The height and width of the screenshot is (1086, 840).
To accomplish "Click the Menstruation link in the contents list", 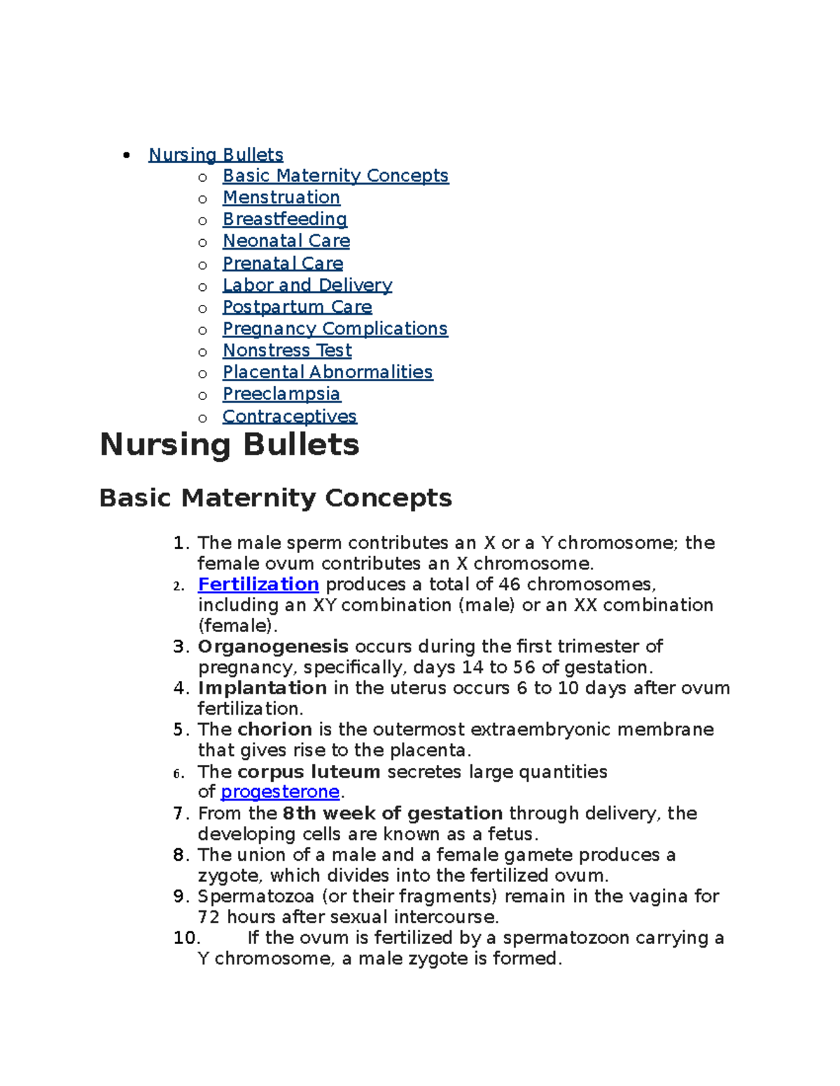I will click(x=281, y=197).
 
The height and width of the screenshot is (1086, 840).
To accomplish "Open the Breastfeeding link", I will click(x=284, y=219).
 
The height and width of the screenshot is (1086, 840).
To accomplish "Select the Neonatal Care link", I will click(x=286, y=241).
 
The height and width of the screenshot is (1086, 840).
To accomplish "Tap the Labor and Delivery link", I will click(x=307, y=285).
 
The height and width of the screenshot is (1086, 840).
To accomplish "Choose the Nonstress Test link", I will click(x=287, y=350).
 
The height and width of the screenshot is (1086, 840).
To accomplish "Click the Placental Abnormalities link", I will click(x=327, y=372).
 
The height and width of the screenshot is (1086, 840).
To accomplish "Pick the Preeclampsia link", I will click(x=281, y=394).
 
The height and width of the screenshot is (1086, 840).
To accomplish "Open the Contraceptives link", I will click(x=289, y=416).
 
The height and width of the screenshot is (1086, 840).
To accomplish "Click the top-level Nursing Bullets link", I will click(x=216, y=155).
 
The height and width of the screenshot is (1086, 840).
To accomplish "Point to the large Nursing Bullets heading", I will click(x=230, y=445).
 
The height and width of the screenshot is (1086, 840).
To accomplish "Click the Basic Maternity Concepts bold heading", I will click(x=275, y=498).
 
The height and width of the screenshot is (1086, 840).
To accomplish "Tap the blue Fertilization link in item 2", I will click(x=258, y=584).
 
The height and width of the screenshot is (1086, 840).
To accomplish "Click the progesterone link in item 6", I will click(x=279, y=792).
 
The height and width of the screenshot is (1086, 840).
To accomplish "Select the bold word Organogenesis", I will click(x=273, y=646).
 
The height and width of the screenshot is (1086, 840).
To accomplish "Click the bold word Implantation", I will click(x=262, y=688).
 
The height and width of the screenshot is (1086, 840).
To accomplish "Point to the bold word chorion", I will click(x=274, y=729).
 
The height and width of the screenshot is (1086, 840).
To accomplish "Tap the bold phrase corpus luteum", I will click(x=308, y=771).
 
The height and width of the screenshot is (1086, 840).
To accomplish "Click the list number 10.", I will click(x=186, y=938).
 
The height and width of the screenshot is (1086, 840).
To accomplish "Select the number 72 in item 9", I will click(x=209, y=917).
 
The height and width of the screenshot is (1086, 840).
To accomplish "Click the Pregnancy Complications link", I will click(x=335, y=329).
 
